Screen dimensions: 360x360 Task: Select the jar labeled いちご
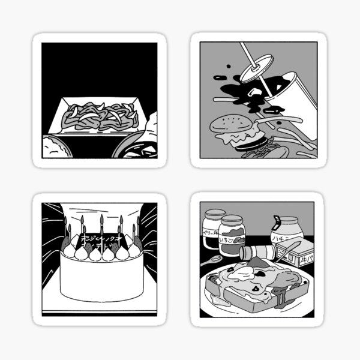point(232,237)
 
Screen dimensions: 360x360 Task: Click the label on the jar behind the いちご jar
point(211,233)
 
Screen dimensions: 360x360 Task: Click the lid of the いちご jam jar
point(232,220)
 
